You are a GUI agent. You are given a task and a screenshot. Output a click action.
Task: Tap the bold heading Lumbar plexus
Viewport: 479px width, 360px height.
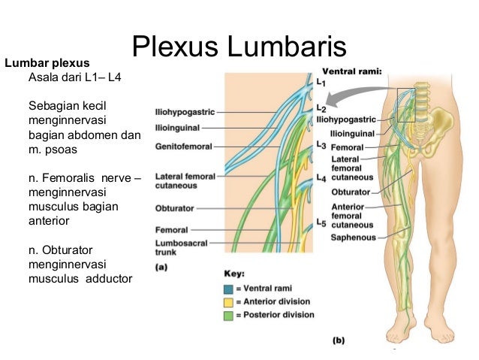47,62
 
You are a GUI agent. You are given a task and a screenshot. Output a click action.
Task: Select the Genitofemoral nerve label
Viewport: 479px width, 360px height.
183,146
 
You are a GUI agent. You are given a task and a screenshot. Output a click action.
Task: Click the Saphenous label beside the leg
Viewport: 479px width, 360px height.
353,237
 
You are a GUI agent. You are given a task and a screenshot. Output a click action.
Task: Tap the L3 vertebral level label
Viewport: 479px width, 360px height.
321,144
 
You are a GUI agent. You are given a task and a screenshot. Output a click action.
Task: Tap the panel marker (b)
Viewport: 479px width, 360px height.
338,340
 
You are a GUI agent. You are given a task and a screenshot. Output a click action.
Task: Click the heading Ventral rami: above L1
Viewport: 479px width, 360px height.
351,71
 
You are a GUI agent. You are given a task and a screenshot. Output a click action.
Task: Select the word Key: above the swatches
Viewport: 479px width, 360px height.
237,274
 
